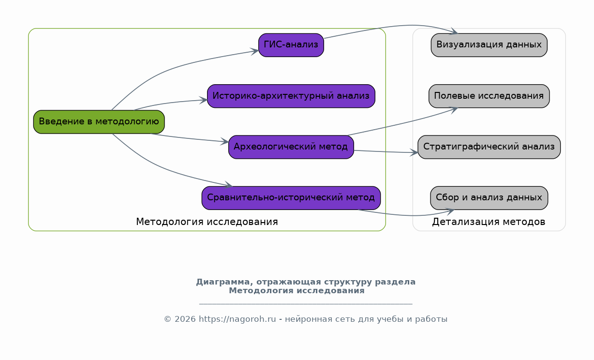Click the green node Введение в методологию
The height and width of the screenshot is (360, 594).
(x=99, y=122)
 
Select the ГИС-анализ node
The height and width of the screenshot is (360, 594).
(x=291, y=45)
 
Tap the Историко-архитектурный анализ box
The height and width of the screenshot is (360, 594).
(x=291, y=96)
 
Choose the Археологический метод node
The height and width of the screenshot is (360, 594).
(x=291, y=147)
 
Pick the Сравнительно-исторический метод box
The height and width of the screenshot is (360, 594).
(x=291, y=198)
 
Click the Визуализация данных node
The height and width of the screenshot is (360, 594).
(x=489, y=45)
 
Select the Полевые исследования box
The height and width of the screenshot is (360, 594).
(x=489, y=96)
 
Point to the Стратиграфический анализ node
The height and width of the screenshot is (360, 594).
(x=489, y=147)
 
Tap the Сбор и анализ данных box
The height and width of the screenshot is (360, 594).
(x=489, y=198)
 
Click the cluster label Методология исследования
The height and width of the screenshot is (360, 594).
(x=207, y=222)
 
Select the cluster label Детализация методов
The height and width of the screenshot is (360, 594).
(x=489, y=222)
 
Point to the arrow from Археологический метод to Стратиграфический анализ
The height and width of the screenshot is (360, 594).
(x=386, y=152)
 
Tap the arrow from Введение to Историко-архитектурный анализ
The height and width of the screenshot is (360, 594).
(x=170, y=103)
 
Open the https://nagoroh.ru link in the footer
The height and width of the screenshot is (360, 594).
(x=238, y=319)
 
